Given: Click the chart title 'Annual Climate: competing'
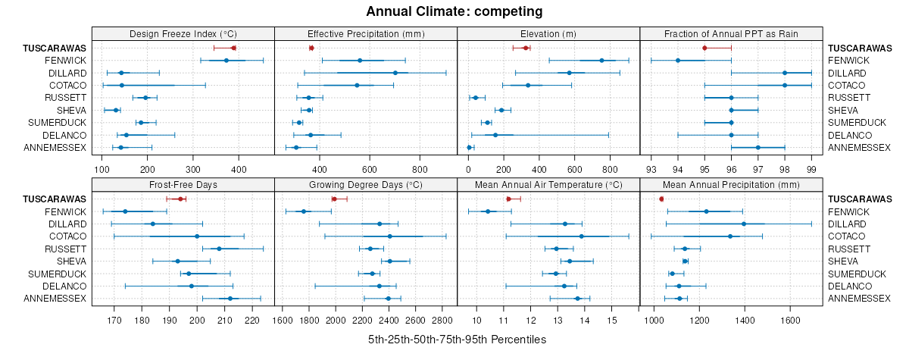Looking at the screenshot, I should click(454, 11).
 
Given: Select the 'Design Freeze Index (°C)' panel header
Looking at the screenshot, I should click(183, 33).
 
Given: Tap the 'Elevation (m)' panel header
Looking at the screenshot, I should click(548, 33).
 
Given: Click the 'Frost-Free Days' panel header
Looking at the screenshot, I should click(183, 184).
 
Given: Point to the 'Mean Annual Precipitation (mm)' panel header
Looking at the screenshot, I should click(731, 184).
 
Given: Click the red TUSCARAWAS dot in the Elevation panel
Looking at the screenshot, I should click(526, 48).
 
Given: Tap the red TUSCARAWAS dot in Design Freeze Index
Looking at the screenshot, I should click(233, 48).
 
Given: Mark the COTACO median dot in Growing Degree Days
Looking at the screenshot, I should click(390, 236).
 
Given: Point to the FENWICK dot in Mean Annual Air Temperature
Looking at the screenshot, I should click(488, 211).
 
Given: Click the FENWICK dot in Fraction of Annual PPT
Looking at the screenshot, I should click(678, 61).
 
